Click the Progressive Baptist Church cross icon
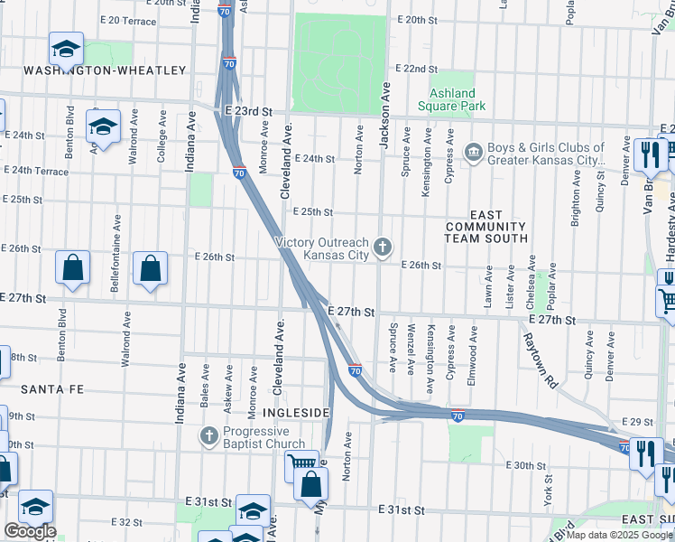208,437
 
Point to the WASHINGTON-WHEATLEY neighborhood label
105,70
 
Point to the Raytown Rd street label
538,360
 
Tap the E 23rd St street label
248,111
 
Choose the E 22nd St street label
416,69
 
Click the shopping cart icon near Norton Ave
302,465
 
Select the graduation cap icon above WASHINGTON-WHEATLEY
66,48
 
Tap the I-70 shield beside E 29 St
624,446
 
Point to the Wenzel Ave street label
411,348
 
